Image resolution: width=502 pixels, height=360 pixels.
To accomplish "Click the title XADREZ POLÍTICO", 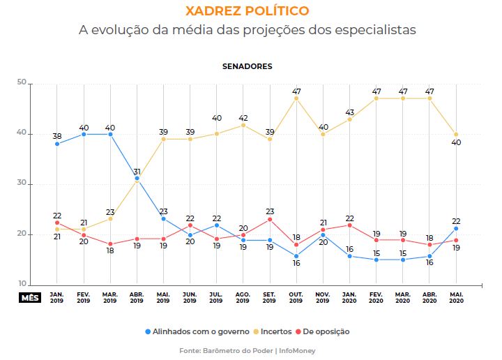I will point(248,12).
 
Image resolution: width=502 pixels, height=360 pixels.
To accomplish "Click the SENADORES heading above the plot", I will point(248,66).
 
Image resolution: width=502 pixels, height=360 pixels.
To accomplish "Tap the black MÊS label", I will point(29,297).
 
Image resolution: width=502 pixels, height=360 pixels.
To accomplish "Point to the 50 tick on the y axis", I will point(21,83).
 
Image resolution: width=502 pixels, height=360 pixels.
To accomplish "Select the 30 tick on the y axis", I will point(21,184).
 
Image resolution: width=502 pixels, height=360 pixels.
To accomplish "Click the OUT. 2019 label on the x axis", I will point(296,298).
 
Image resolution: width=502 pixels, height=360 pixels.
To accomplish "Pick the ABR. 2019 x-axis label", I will point(137,298).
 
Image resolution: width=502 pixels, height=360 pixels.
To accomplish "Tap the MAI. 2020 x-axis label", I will point(456,298).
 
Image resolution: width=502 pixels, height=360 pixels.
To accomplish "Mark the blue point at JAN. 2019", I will point(57,144).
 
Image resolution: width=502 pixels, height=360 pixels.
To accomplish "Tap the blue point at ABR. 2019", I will point(137,179).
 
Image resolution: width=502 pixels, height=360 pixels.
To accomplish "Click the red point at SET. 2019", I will point(270,219).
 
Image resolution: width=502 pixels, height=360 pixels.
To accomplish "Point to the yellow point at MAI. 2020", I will point(456,134).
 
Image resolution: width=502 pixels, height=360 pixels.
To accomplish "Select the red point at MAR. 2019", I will point(110,244).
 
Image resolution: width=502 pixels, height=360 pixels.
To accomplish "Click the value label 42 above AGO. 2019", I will point(243,117).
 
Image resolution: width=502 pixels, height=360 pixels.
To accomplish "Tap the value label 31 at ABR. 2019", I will point(137,171).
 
